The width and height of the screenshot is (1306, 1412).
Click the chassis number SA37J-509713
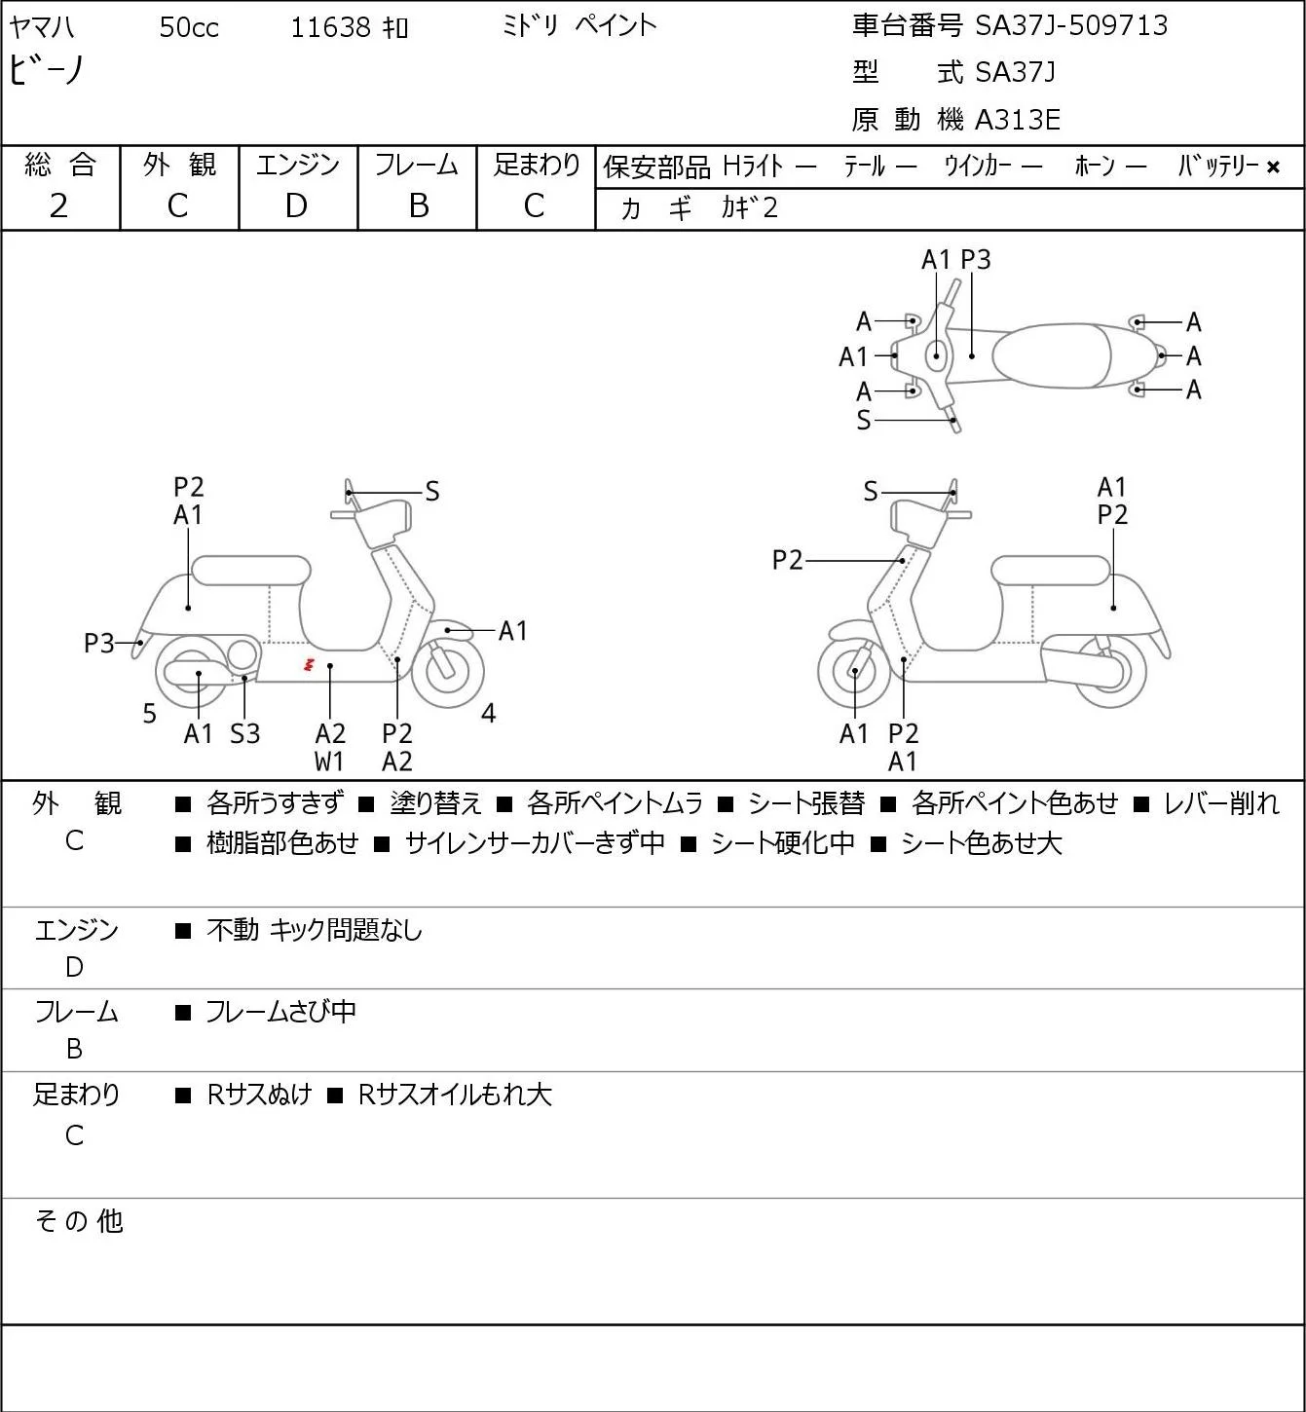pyautogui.click(x=1071, y=25)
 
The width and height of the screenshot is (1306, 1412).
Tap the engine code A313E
pyautogui.click(x=1017, y=120)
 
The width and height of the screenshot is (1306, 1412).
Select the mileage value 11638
pyautogui.click(x=331, y=27)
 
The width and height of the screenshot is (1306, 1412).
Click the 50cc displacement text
pyautogui.click(x=189, y=27)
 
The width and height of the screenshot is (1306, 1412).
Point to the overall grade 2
pyautogui.click(x=59, y=206)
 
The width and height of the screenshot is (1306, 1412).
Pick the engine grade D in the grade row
pyautogui.click(x=296, y=206)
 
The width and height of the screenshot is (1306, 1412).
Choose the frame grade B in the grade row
pyautogui.click(x=418, y=206)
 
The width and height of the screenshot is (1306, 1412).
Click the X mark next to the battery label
pyautogui.click(x=1273, y=167)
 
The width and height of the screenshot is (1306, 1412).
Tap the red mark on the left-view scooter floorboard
pyautogui.click(x=308, y=665)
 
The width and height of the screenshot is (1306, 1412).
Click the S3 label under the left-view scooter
pyautogui.click(x=244, y=733)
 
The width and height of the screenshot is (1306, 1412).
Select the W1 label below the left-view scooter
pyautogui.click(x=329, y=762)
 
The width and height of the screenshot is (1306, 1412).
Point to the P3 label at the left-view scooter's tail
pyautogui.click(x=99, y=644)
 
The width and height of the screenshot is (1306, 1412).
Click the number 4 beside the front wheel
pyautogui.click(x=488, y=713)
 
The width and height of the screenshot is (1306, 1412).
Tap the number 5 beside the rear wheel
pyautogui.click(x=149, y=713)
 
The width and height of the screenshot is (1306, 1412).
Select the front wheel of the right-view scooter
pyautogui.click(x=853, y=671)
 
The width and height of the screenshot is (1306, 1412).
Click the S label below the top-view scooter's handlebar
pyautogui.click(x=864, y=420)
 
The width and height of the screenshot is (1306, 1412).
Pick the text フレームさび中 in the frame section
pyautogui.click(x=280, y=1012)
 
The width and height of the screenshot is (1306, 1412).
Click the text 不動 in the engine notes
pyautogui.click(x=233, y=930)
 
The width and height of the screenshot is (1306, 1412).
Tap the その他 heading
pyautogui.click(x=79, y=1221)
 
